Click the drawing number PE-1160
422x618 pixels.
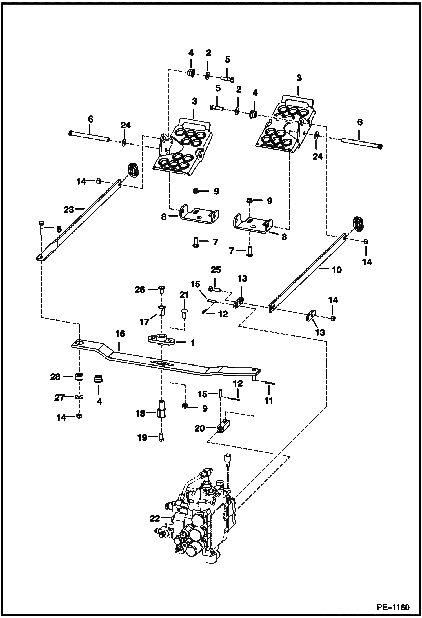(393, 606)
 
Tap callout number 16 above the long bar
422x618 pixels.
(120, 334)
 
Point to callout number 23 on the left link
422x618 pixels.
(68, 210)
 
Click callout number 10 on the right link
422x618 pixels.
(337, 270)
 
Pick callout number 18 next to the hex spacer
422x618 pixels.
(141, 414)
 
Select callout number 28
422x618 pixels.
(55, 377)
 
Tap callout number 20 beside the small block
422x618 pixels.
(199, 428)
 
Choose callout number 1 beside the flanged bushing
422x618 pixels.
(193, 343)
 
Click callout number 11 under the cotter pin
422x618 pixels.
(269, 400)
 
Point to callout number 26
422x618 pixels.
(140, 289)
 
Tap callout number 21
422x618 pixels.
(184, 295)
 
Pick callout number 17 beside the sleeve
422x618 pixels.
(145, 321)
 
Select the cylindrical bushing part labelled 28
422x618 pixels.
(79, 377)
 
